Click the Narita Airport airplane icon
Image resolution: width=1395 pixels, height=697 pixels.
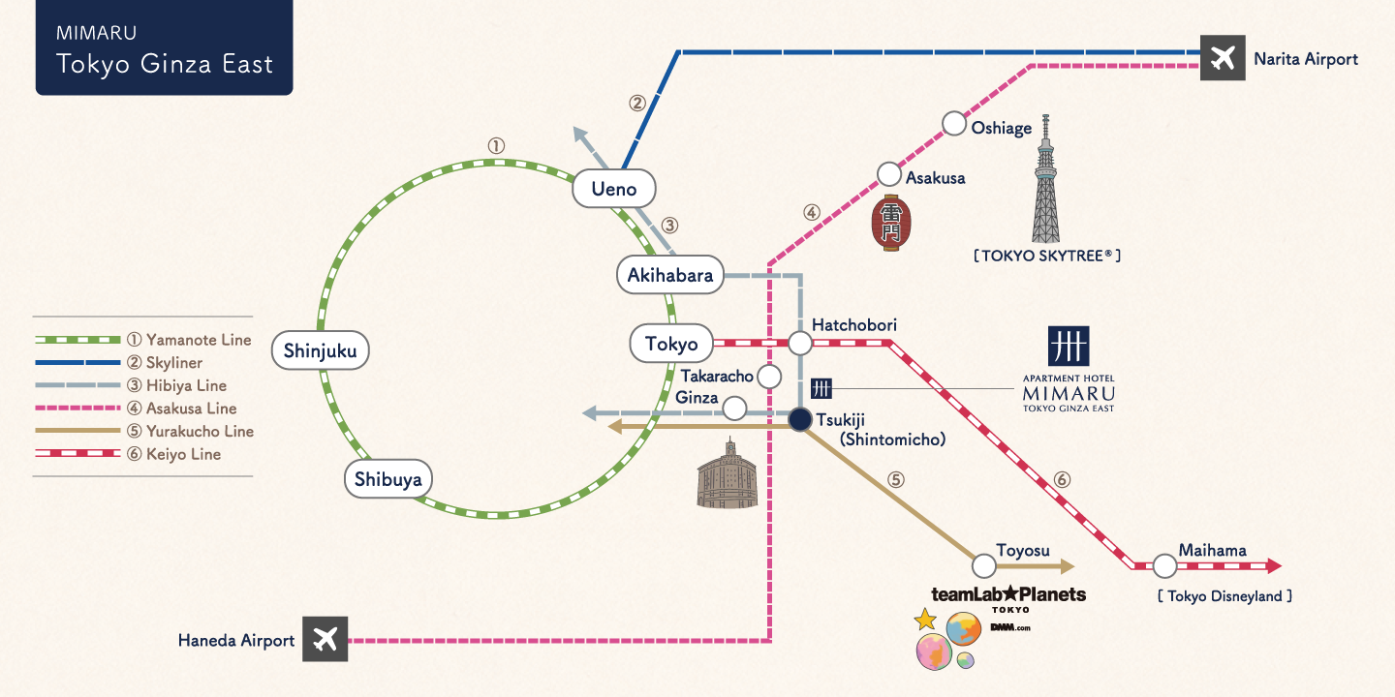[x=1223, y=59]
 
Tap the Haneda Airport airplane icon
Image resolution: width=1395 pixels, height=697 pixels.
[x=325, y=640]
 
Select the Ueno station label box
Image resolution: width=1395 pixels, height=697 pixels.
[x=613, y=188]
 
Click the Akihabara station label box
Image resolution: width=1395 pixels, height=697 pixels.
[x=670, y=275]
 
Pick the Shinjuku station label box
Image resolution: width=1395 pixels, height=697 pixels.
[x=320, y=350]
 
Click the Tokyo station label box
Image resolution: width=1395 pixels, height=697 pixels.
[x=671, y=344]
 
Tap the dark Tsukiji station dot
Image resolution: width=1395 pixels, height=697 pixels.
[x=799, y=420]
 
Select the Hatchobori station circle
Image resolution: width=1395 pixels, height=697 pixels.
[x=800, y=343]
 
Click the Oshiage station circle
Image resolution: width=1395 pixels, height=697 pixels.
[x=954, y=124]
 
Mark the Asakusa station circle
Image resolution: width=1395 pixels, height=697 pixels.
[x=889, y=174]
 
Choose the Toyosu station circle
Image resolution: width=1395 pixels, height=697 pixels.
[x=983, y=565]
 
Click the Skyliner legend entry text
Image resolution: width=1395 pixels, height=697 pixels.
[x=173, y=363]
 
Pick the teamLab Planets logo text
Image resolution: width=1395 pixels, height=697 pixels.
[x=1007, y=594]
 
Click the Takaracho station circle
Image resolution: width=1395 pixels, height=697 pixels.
[x=769, y=376]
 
